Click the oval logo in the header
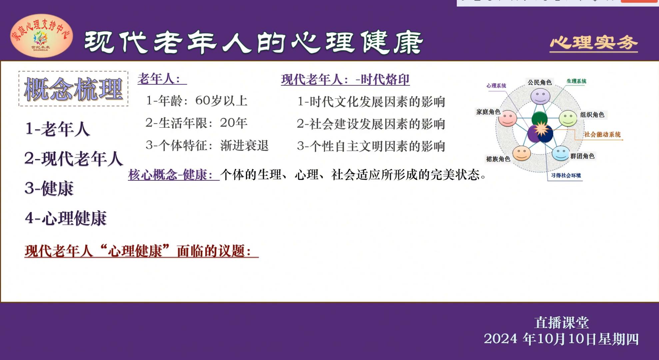click(42, 36)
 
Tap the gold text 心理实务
click(594, 43)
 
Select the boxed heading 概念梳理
click(73, 89)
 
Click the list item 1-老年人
click(57, 129)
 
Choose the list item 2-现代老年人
click(74, 158)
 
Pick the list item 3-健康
click(49, 188)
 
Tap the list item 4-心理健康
click(66, 218)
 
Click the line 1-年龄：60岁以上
click(197, 101)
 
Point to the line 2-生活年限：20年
click(196, 123)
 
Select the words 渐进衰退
click(244, 145)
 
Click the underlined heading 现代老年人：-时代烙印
click(345, 80)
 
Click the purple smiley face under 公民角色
click(540, 96)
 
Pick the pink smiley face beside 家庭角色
click(507, 118)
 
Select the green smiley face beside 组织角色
click(568, 118)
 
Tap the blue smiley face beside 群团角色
click(561, 153)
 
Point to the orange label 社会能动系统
click(602, 134)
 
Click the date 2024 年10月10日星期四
click(561, 339)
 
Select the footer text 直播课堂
click(562, 323)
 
